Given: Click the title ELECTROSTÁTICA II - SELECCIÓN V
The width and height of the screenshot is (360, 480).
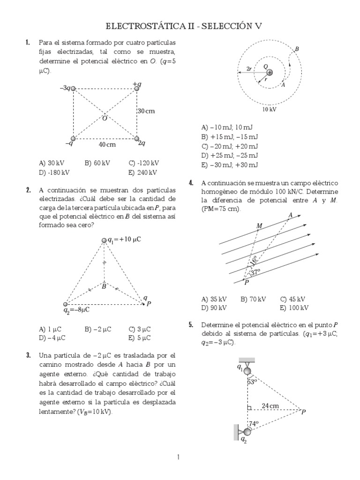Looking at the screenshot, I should click(180, 26).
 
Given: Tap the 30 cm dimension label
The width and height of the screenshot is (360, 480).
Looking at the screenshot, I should click(146, 111).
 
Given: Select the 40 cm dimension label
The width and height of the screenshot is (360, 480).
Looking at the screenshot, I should click(107, 145).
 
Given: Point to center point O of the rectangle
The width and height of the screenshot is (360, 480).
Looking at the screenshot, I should click(105, 118).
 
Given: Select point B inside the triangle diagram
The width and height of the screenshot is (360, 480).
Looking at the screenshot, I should click(104, 286).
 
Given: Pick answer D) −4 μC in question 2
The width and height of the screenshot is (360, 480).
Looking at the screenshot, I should click(52, 337).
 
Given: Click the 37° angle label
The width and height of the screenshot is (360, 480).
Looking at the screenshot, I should click(255, 272).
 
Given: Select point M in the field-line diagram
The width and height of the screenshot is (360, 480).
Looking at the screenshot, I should click(259, 226).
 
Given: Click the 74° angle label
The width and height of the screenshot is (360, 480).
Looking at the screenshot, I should click(254, 424).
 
